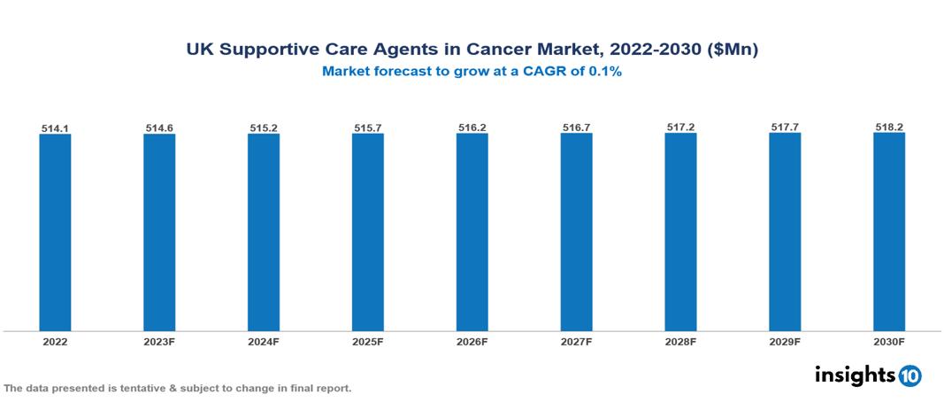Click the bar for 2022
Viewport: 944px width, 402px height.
tap(55, 232)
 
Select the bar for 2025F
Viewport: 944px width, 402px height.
tap(367, 232)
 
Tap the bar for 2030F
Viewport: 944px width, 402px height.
tap(889, 232)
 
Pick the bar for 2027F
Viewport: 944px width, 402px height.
tap(576, 232)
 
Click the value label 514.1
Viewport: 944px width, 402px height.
tap(55, 128)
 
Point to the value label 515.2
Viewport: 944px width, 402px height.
tap(264, 128)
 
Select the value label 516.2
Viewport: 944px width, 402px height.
tap(472, 128)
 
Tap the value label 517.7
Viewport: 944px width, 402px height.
tap(785, 128)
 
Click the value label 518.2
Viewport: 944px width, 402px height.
tap(889, 128)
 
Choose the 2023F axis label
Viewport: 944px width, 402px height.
tap(159, 341)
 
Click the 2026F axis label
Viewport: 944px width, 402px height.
tap(472, 341)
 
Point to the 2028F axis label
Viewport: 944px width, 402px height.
tap(680, 341)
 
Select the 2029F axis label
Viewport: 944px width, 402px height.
tap(785, 341)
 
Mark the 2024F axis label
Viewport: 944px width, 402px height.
tap(264, 341)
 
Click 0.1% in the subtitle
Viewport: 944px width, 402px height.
tap(604, 72)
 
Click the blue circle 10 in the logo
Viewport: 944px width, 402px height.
tap(909, 375)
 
